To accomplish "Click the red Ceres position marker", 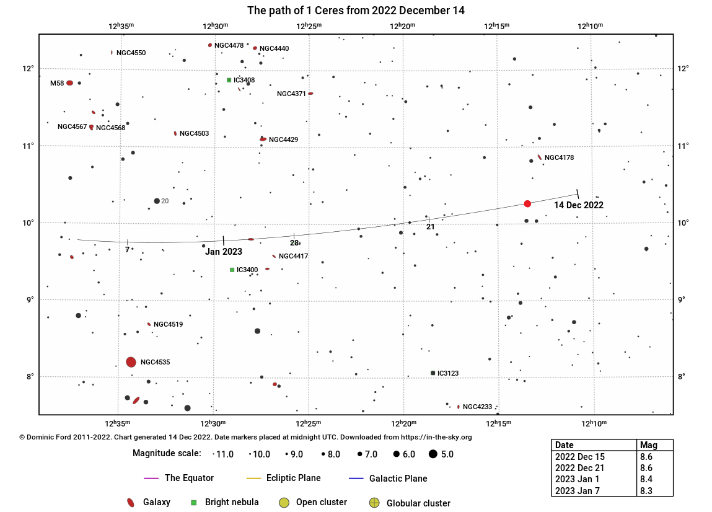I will click(x=527, y=204).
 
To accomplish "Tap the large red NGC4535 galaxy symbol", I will click(x=131, y=362).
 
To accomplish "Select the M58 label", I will click(x=57, y=83).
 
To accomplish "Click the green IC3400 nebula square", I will click(x=232, y=270).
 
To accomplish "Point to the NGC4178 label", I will click(x=559, y=157).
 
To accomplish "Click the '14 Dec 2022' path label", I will click(x=578, y=205).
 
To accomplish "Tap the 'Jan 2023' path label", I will click(x=224, y=252).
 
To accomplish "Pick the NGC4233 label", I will click(x=477, y=407).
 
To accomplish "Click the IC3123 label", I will click(x=448, y=373).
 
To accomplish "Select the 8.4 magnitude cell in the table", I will click(x=646, y=479).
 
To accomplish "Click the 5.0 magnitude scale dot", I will click(x=433, y=454).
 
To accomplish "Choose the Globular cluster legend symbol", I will click(x=374, y=503).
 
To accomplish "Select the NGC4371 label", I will click(x=291, y=94).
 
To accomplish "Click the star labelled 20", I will click(x=157, y=201).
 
